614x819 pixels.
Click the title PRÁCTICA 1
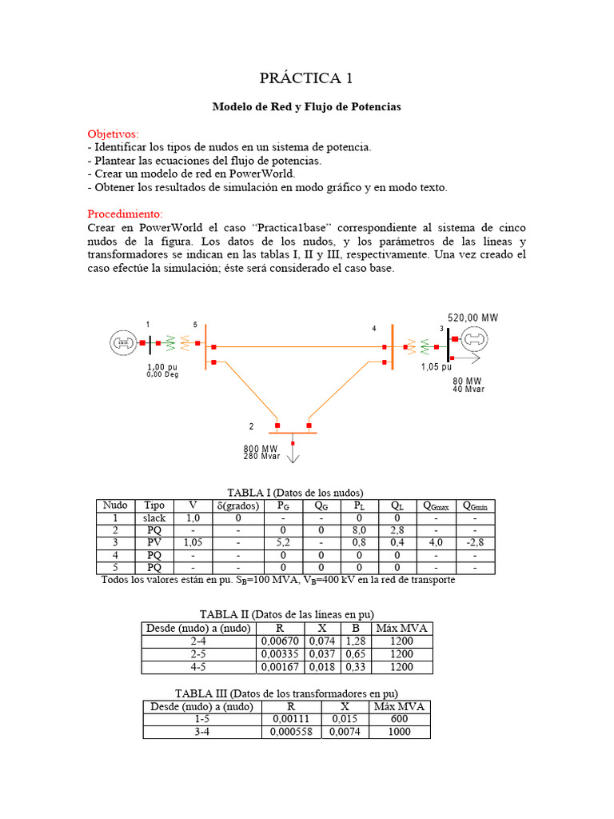tap(306, 78)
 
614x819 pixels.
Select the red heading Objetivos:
tap(113, 134)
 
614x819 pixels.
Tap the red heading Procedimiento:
tap(125, 214)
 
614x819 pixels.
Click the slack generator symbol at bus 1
tap(122, 343)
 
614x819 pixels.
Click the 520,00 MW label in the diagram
tap(472, 318)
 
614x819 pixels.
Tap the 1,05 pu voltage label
tap(437, 367)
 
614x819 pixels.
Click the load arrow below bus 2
tap(293, 455)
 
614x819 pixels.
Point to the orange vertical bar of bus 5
tap(205, 346)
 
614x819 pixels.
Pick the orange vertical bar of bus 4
tap(393, 346)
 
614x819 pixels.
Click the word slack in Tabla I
tap(154, 518)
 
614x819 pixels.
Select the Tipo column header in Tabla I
tap(154, 505)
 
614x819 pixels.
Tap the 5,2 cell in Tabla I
tap(284, 542)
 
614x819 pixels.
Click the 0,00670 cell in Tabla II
tap(279, 641)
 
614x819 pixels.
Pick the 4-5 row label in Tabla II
tap(199, 667)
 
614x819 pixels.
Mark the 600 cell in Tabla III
tap(400, 720)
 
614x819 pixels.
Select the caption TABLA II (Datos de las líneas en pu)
tap(286, 614)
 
